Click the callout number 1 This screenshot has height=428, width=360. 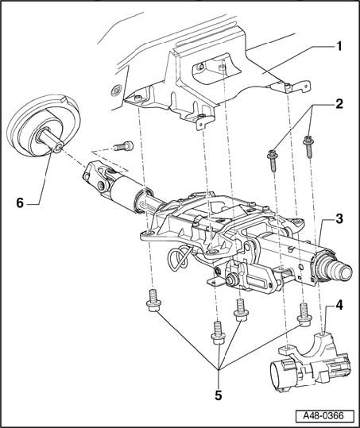click(339, 46)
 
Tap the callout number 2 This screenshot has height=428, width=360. click(339, 104)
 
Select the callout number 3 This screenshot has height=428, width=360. click(339, 218)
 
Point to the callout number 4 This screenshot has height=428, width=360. click(339, 305)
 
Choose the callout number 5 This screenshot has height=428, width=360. click(219, 395)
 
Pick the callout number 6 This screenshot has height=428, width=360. click(20, 203)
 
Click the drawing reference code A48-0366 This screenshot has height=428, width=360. click(323, 415)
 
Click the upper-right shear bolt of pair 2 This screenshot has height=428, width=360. click(308, 147)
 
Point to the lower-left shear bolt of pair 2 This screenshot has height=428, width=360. click(273, 160)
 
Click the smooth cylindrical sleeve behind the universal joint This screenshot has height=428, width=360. click(125, 191)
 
